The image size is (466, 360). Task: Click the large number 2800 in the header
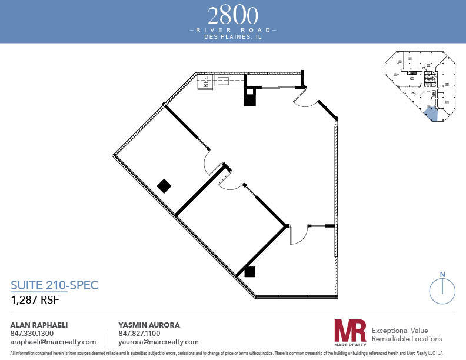click(x=232, y=14)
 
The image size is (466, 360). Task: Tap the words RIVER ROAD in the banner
click(x=232, y=29)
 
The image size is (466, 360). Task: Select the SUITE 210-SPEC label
click(x=55, y=285)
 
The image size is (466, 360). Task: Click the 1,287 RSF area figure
click(x=35, y=299)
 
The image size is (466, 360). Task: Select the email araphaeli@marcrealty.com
click(x=53, y=342)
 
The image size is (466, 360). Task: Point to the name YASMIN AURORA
click(x=149, y=325)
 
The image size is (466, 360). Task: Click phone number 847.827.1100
click(x=139, y=333)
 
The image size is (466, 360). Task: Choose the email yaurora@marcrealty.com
click(x=158, y=342)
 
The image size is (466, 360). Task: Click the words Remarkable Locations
click(x=407, y=339)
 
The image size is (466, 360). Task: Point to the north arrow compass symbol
click(x=442, y=289)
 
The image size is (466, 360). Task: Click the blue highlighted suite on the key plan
click(x=431, y=114)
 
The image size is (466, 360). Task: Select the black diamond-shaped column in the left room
click(x=164, y=186)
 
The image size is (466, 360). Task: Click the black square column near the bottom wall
click(x=250, y=271)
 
